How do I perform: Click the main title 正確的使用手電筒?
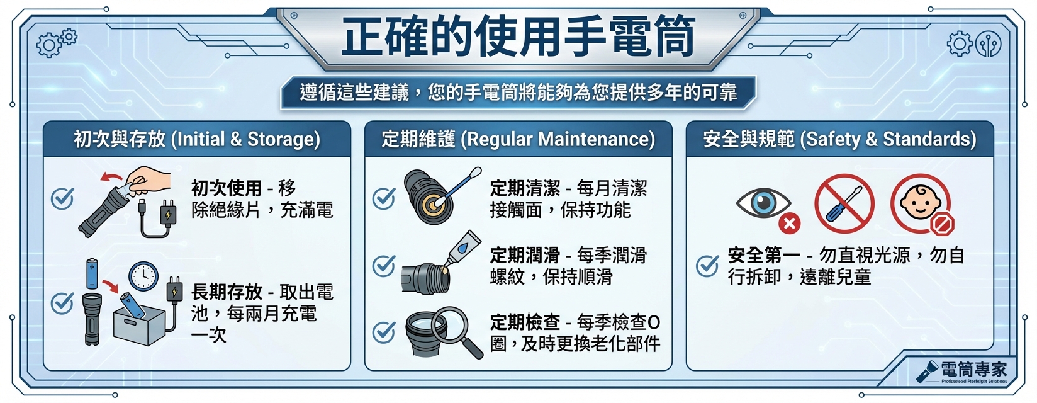tap(518, 37)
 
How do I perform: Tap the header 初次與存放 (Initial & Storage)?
tap(196, 139)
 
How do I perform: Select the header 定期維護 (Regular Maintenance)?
tap(518, 139)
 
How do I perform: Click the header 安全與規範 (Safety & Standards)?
tap(839, 139)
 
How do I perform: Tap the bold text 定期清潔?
tap(525, 188)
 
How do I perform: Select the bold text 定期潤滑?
tap(525, 256)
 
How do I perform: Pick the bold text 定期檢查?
tap(525, 322)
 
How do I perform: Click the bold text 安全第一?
tap(764, 256)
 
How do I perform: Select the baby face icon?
tap(921, 203)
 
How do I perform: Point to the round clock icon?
tap(143, 276)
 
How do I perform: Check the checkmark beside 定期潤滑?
tap(384, 266)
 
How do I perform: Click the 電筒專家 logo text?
tap(973, 370)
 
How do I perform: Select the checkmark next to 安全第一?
tap(707, 266)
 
